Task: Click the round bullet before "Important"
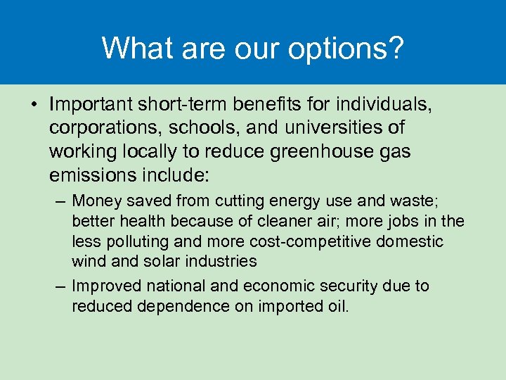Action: coord(33,105)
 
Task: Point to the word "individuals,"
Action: coord(384,105)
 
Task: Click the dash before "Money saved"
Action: coord(60,202)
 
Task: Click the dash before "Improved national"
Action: coord(60,287)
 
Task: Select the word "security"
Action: coord(363,286)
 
